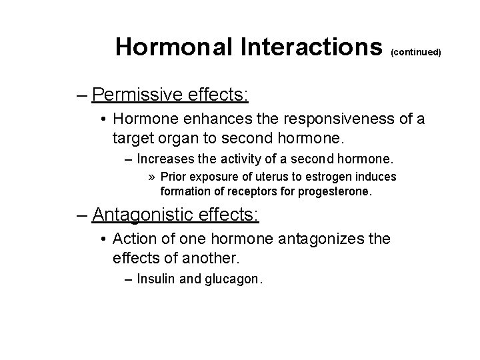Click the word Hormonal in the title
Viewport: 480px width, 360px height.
(x=174, y=47)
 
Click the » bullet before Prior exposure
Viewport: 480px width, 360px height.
(x=151, y=177)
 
